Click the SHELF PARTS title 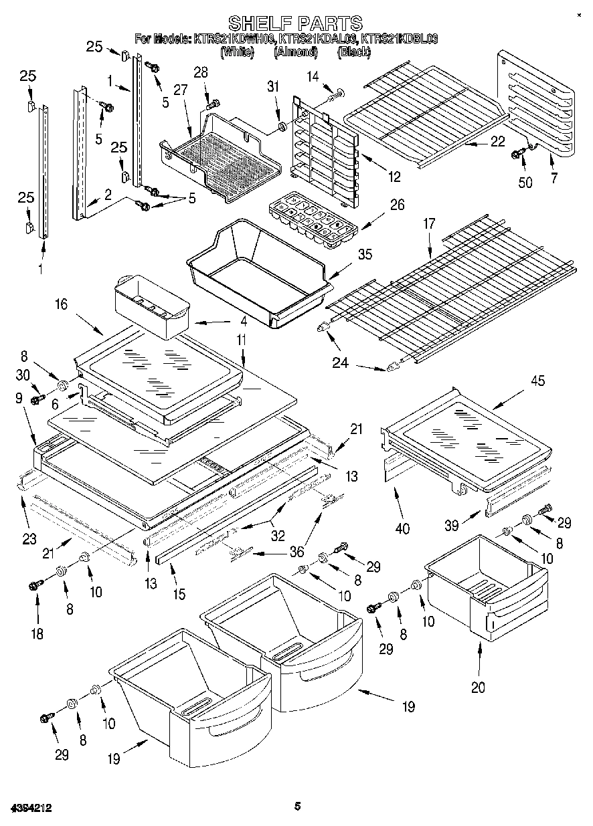click(x=296, y=23)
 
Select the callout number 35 click(x=365, y=255)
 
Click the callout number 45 click(x=537, y=381)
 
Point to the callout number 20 click(x=478, y=686)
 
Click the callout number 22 click(x=497, y=141)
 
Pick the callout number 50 click(x=525, y=182)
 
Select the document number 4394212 click(x=31, y=808)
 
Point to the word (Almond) click(x=296, y=51)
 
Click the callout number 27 click(x=179, y=90)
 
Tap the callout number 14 click(x=313, y=77)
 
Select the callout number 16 click(x=61, y=304)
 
